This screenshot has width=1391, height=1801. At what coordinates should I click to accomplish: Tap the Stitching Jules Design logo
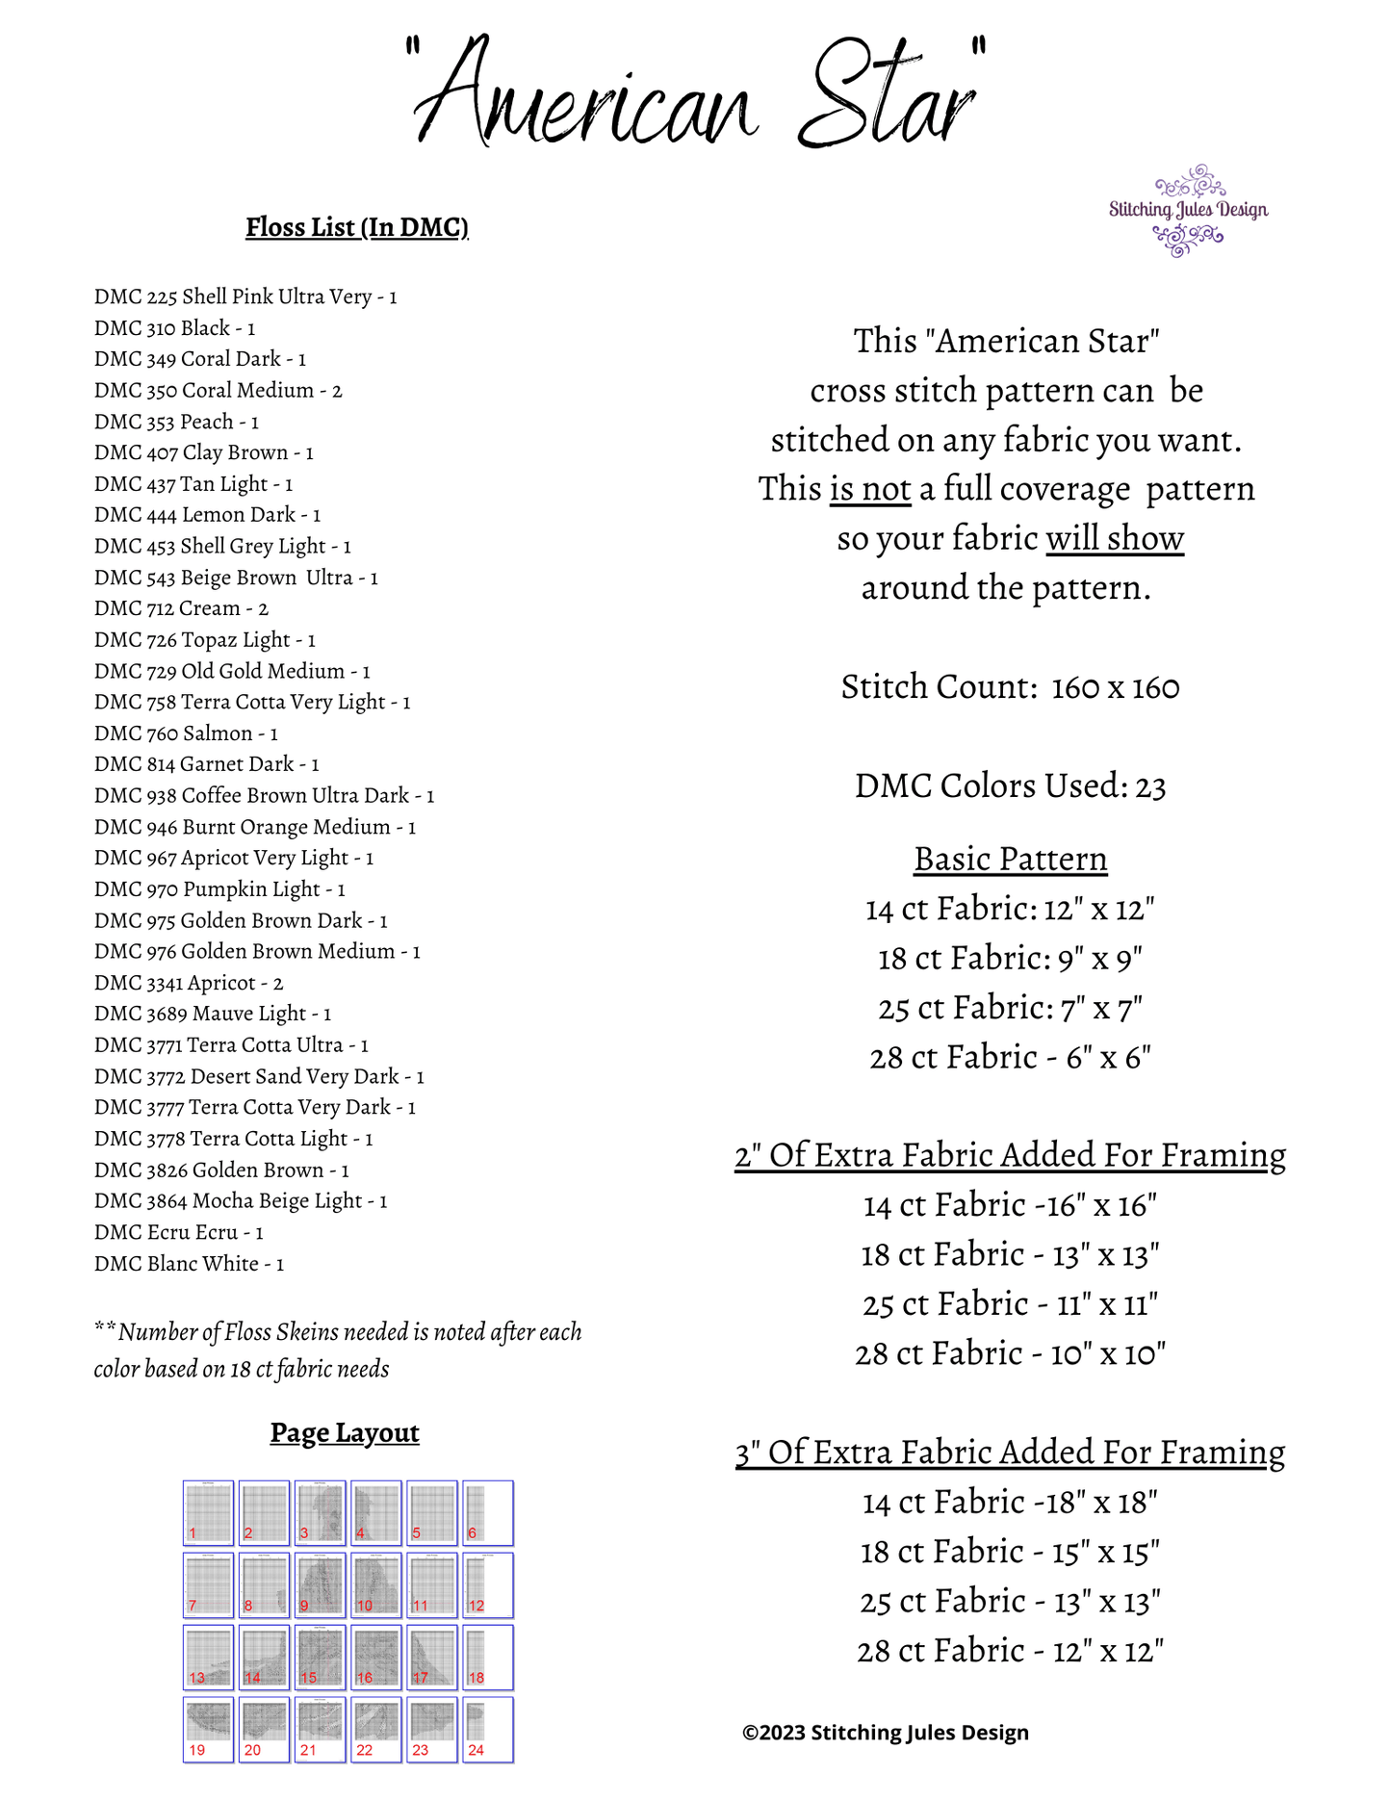coord(1188,210)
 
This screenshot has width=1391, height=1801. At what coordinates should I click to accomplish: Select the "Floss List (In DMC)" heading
coord(357,227)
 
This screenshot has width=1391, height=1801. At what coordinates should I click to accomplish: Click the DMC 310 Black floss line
coord(174,328)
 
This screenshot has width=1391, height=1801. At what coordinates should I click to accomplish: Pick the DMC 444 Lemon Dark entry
coord(207,515)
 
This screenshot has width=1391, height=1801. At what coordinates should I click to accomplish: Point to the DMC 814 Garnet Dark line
coord(206,764)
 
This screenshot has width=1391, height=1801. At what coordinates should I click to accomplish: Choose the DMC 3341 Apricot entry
coord(189,983)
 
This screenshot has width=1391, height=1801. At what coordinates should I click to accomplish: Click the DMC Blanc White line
coord(189,1264)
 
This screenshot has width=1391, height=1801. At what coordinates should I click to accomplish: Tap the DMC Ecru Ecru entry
coord(178,1232)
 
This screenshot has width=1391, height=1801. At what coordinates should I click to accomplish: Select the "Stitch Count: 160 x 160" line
coord(1010,687)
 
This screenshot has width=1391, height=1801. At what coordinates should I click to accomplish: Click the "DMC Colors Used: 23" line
coord(1010,786)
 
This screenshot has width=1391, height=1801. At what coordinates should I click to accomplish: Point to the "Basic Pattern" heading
coord(1010,859)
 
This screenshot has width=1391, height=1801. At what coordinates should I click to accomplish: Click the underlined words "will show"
coord(1115,538)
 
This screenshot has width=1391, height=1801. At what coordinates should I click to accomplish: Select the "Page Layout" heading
coord(345,1433)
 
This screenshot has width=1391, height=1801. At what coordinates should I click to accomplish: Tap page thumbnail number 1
coord(208,1513)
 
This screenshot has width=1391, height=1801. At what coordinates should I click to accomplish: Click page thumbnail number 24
coord(488,1730)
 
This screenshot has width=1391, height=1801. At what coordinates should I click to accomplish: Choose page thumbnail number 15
coord(320,1658)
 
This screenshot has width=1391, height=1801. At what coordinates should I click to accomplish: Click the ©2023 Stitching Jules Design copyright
coord(886,1733)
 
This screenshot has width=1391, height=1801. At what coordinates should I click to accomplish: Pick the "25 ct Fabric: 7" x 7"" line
coord(1010,1008)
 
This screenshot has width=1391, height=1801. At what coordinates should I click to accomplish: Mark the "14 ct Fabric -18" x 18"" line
coord(1010,1502)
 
